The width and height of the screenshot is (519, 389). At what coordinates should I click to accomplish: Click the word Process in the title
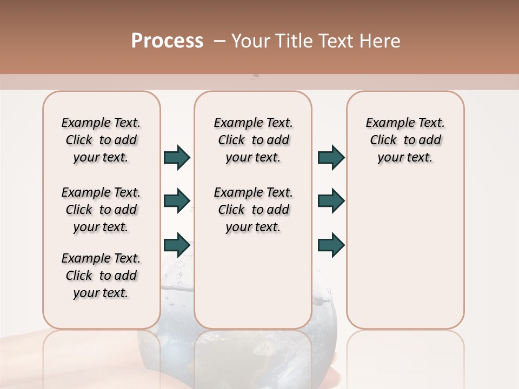click(167, 41)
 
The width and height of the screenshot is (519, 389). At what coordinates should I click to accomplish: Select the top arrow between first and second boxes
click(177, 157)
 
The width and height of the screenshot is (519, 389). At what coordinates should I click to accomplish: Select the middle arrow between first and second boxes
click(177, 201)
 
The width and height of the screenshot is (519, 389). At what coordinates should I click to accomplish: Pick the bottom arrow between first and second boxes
click(177, 245)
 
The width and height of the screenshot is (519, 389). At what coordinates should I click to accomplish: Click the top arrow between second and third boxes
click(331, 157)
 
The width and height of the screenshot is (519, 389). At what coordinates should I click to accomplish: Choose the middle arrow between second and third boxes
click(331, 201)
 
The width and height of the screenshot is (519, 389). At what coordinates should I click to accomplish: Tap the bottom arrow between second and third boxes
click(331, 245)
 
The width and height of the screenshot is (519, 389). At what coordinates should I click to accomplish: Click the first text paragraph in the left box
click(101, 140)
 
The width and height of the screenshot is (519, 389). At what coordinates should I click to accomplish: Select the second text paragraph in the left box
click(101, 210)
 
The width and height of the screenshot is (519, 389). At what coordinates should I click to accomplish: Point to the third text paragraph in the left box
click(101, 276)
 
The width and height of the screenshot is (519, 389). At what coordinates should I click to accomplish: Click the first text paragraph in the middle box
click(254, 140)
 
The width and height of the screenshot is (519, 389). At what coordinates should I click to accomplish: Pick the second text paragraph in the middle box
click(254, 210)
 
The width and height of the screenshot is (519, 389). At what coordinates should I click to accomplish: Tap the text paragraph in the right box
click(405, 140)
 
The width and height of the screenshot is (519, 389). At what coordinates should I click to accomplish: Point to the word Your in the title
click(249, 41)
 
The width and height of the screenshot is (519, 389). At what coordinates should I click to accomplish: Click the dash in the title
click(219, 41)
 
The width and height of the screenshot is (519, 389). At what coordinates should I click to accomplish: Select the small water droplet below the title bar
click(255, 77)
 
